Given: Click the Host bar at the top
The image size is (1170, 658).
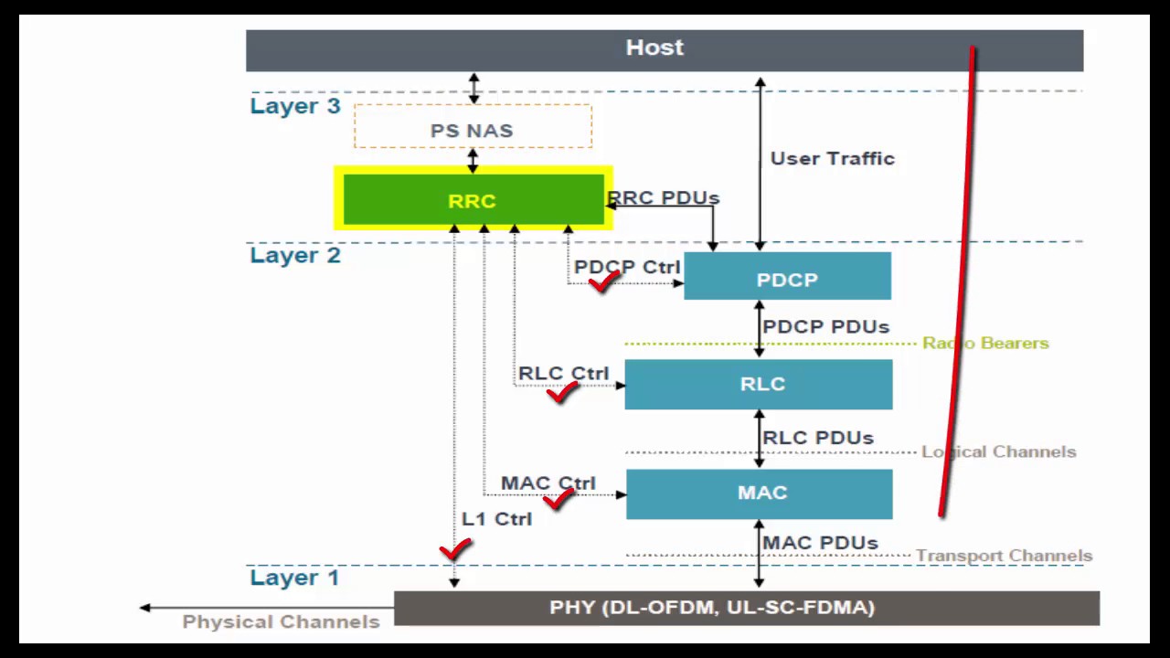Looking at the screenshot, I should [654, 49].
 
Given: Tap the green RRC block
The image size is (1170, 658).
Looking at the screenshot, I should [472, 200].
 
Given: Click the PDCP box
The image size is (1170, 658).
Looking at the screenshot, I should [787, 277].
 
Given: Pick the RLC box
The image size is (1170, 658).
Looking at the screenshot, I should [759, 384].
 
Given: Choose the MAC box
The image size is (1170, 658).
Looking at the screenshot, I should [759, 493].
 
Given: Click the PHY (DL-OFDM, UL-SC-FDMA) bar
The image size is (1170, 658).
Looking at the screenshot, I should [746, 608].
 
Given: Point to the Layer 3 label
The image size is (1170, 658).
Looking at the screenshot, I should [295, 106].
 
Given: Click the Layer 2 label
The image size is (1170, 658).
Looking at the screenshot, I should [295, 255].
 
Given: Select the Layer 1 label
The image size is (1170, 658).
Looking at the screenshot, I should [294, 578].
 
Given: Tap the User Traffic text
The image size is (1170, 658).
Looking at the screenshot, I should [832, 159].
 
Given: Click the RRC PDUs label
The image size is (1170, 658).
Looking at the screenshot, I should [665, 197].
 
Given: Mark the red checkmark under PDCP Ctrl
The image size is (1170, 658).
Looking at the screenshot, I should [604, 282].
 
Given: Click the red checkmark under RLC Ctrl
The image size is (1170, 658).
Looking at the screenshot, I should [562, 393].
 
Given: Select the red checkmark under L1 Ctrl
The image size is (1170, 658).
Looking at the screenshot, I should [455, 549].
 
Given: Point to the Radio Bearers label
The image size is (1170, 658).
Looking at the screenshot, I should [985, 344].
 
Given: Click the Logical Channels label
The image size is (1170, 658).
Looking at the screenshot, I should [998, 451].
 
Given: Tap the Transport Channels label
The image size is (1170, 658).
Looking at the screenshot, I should [1004, 556].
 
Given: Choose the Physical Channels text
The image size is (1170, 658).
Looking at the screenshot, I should [281, 621].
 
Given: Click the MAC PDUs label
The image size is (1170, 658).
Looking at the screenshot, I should [820, 543].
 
